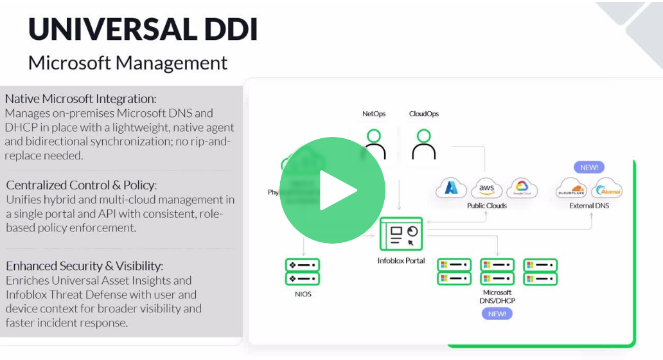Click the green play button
332,190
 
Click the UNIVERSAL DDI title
143,29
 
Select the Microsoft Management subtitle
128,63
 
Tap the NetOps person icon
374,144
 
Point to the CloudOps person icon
423,144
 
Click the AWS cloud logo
486,188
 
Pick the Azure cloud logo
452,188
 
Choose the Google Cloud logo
522,188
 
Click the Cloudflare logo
572,189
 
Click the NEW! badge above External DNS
589,167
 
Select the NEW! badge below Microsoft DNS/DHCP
497,314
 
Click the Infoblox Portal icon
401,234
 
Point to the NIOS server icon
302,272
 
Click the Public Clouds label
487,206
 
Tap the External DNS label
589,206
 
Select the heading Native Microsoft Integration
80,99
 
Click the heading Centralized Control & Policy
81,185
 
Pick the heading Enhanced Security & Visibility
84,265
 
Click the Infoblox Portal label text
401,261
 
